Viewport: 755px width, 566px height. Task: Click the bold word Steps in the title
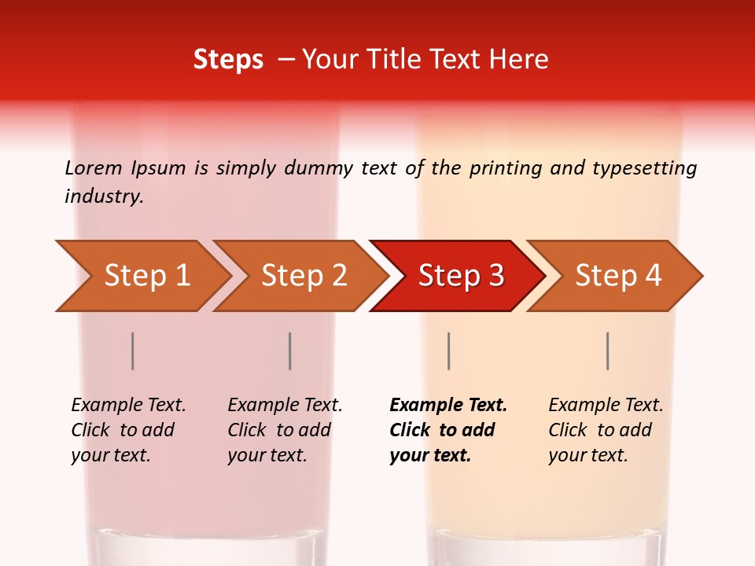[228, 60]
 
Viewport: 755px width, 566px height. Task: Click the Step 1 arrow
[146, 275]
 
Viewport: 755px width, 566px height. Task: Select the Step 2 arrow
[304, 275]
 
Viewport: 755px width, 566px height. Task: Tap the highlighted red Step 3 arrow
[461, 275]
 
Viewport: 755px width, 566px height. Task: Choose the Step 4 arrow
[618, 275]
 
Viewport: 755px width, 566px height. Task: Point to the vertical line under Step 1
[133, 351]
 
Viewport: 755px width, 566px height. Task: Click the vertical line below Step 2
[290, 351]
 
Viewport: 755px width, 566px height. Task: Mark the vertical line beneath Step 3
[448, 351]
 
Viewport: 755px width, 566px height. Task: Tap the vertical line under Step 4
[608, 351]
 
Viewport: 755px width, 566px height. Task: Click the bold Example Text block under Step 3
[448, 430]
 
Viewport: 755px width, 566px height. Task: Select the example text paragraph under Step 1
[128, 430]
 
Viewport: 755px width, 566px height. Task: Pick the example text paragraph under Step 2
[285, 430]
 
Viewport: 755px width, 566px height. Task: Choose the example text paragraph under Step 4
[606, 430]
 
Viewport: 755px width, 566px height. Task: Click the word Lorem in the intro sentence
[94, 167]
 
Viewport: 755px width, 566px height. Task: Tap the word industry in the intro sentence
[104, 197]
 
